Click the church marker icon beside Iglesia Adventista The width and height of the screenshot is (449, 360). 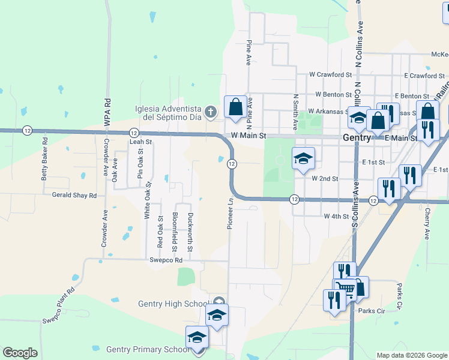210,111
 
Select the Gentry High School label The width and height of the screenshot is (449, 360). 175,304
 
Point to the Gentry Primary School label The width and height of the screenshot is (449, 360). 147,349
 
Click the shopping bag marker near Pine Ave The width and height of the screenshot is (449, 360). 235,107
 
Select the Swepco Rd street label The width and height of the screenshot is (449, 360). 166,260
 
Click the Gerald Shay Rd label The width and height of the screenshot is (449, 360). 74,196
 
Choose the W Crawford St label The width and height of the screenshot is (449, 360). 330,75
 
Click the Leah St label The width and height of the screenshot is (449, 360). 141,142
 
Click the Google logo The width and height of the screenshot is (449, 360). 20,353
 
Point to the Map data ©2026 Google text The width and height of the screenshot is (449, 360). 411,355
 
